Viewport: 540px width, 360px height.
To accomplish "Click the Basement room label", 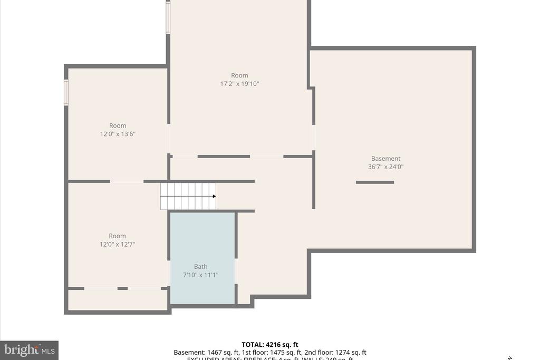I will [x=385, y=159].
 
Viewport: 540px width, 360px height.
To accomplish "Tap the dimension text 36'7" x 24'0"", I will [x=385, y=167].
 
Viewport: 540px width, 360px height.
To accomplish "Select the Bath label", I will [x=200, y=267].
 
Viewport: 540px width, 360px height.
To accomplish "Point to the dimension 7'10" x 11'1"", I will [x=200, y=275].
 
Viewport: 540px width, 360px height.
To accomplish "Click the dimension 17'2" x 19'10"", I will [x=239, y=84].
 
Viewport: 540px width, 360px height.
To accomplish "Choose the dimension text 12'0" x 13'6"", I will [x=118, y=134].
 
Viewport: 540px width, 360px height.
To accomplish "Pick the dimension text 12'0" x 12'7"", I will [x=118, y=244].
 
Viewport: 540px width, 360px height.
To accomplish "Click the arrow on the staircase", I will [x=214, y=196].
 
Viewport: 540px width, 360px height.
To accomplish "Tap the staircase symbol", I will [x=188, y=196].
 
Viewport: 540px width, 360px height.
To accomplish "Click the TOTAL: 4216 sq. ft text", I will [x=270, y=345].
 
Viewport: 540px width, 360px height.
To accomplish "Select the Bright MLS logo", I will [x=29, y=350].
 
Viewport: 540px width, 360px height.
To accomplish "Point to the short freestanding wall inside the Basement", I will [x=375, y=182].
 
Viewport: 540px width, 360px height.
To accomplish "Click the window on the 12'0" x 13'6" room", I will [x=66, y=92].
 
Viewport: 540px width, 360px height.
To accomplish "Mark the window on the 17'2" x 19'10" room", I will [x=168, y=18].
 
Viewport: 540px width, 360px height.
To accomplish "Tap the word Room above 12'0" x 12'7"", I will [x=118, y=236].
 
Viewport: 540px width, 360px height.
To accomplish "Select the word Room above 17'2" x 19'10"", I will [x=239, y=75].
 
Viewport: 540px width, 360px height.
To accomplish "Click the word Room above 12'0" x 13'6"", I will [x=118, y=125].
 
